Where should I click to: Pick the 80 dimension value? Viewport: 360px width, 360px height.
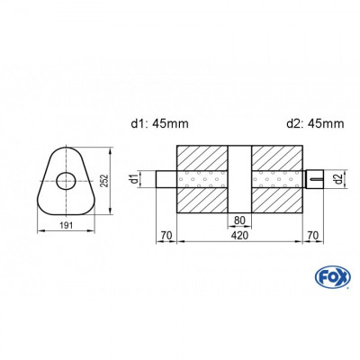click(240, 219)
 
